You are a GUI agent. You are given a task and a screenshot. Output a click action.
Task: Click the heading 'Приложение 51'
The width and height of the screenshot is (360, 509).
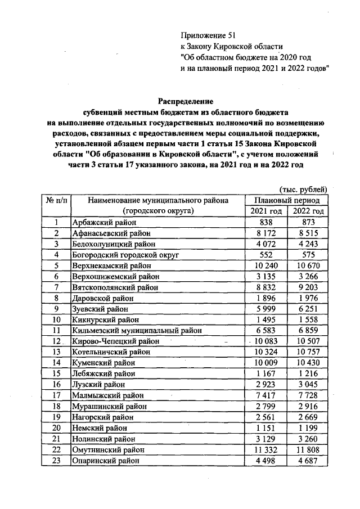tap(205, 35)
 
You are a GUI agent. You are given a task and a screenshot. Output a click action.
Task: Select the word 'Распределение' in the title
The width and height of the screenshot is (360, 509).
tap(185, 102)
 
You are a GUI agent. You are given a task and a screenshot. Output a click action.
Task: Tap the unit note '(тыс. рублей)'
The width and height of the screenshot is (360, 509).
tap(303, 190)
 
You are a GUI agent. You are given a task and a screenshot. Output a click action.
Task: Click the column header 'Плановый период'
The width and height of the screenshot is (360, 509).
tap(287, 200)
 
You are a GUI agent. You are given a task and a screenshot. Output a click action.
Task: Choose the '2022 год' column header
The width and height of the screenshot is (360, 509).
tap(307, 211)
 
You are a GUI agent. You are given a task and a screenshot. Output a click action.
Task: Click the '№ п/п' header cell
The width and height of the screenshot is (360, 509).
tap(56, 200)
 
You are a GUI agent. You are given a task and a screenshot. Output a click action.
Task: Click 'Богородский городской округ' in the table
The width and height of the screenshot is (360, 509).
tap(125, 255)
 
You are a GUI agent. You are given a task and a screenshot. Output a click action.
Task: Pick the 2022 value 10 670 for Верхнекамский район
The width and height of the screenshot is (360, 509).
tap(307, 265)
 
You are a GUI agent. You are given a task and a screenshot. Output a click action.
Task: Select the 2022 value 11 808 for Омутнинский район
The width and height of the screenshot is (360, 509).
tap(307, 450)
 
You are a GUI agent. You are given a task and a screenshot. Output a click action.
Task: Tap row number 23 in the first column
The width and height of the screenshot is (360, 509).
tap(56, 461)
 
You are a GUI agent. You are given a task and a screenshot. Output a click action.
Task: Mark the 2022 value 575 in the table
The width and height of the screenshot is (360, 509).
tap(307, 255)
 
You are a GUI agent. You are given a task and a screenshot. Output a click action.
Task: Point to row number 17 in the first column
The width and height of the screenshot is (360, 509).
tap(56, 395)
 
